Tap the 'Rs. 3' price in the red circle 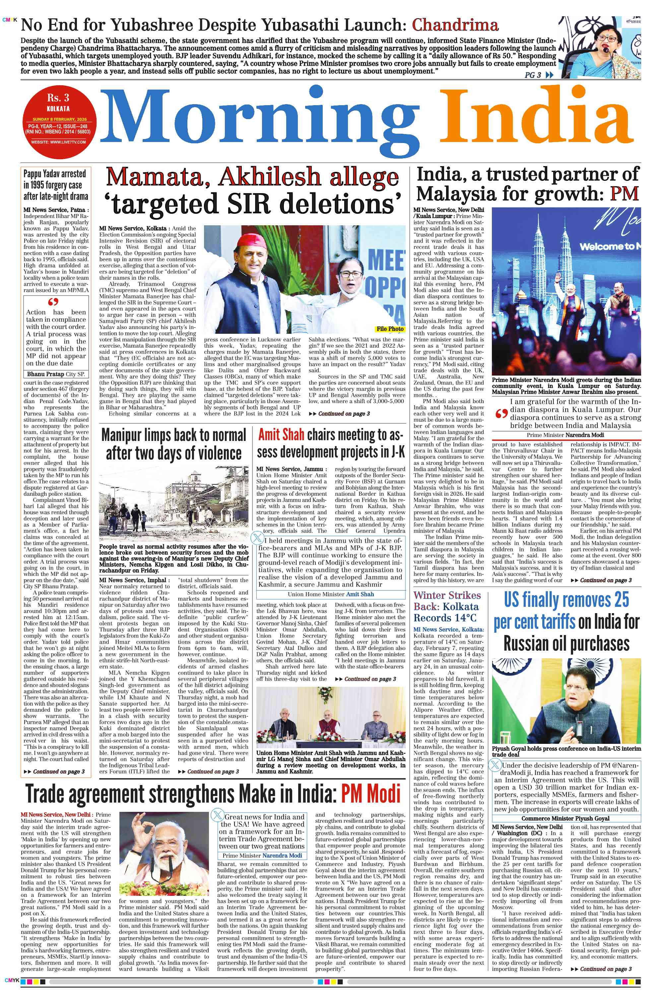58,98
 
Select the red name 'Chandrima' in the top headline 455,26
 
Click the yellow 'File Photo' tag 390,329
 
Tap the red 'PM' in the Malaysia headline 624,194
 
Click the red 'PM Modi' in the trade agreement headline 370,794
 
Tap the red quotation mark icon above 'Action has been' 53,302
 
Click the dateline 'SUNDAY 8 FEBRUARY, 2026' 60,119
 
